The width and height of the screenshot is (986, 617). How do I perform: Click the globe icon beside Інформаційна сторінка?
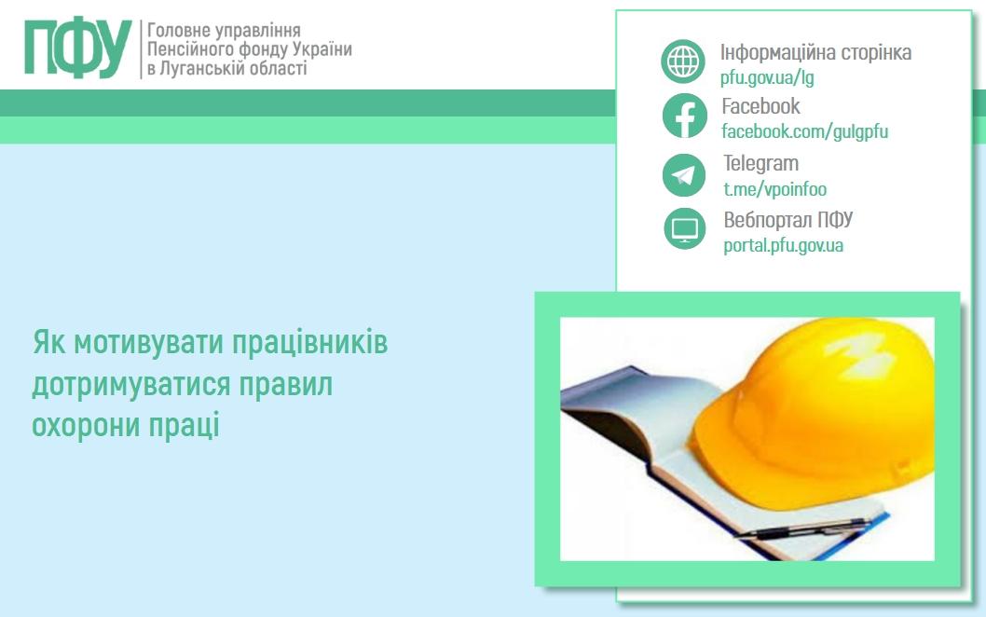684,62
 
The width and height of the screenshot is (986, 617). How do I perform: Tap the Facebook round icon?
684,117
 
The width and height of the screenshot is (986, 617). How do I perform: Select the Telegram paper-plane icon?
684,175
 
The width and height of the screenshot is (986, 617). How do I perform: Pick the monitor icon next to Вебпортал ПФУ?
684,229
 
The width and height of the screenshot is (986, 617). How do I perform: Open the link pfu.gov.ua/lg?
767,77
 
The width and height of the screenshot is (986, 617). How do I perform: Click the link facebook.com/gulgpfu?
804,131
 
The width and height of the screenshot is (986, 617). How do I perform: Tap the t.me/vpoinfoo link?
774,189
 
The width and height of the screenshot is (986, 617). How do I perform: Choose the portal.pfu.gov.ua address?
783,246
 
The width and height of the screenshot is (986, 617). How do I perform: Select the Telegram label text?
760,164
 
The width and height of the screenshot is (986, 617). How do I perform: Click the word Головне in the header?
180,31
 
